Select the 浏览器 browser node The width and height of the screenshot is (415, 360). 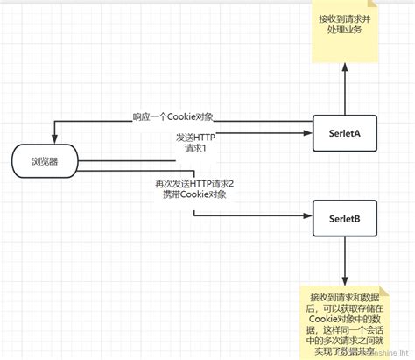tap(46, 161)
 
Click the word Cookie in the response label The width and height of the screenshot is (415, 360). tap(186, 116)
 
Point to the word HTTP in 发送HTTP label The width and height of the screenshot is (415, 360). tap(203, 138)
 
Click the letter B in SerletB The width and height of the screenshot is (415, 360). tap(360, 218)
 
